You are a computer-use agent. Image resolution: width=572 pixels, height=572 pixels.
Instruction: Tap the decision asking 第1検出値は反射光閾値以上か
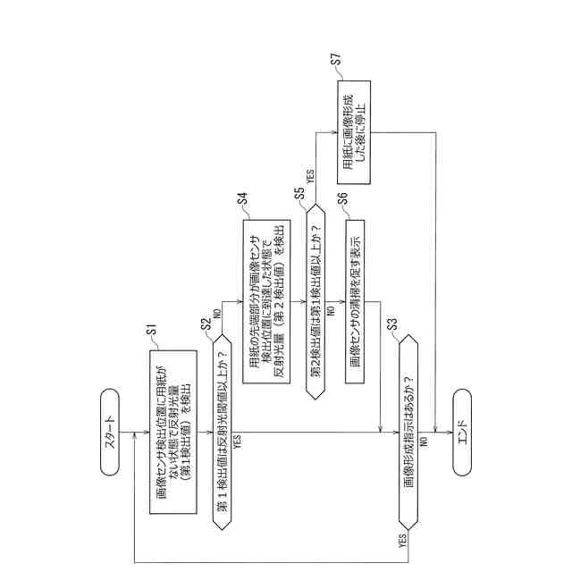pyautogui.click(x=221, y=425)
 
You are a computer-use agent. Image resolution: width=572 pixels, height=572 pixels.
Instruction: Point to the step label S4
pyautogui.click(x=242, y=198)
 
